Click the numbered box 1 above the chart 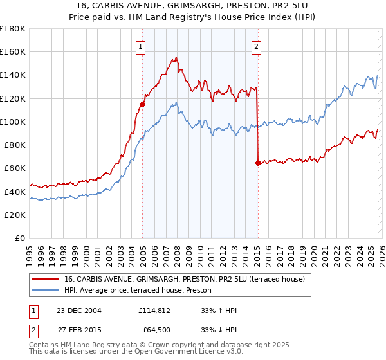pos(140,46)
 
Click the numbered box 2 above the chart pos(256,46)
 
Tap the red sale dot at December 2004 pos(142,104)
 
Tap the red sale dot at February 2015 pos(258,163)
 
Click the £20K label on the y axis pos(15,215)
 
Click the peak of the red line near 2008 pos(176,58)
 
